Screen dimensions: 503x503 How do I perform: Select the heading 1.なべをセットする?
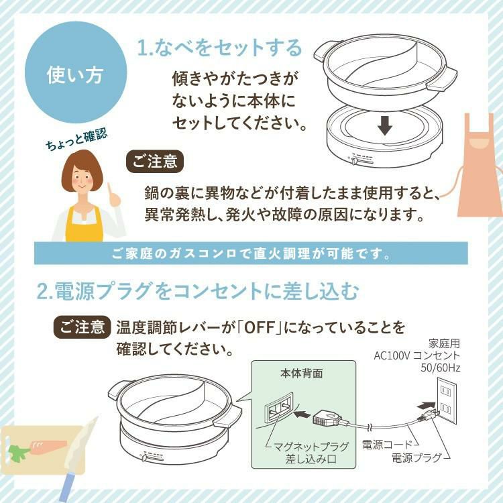220,48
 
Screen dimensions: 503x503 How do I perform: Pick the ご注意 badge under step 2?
81,327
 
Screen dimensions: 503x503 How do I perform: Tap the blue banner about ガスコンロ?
251,255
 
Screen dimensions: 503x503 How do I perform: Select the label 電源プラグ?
416,458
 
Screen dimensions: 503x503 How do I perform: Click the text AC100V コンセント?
417,355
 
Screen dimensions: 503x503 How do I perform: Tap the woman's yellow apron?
85,225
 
